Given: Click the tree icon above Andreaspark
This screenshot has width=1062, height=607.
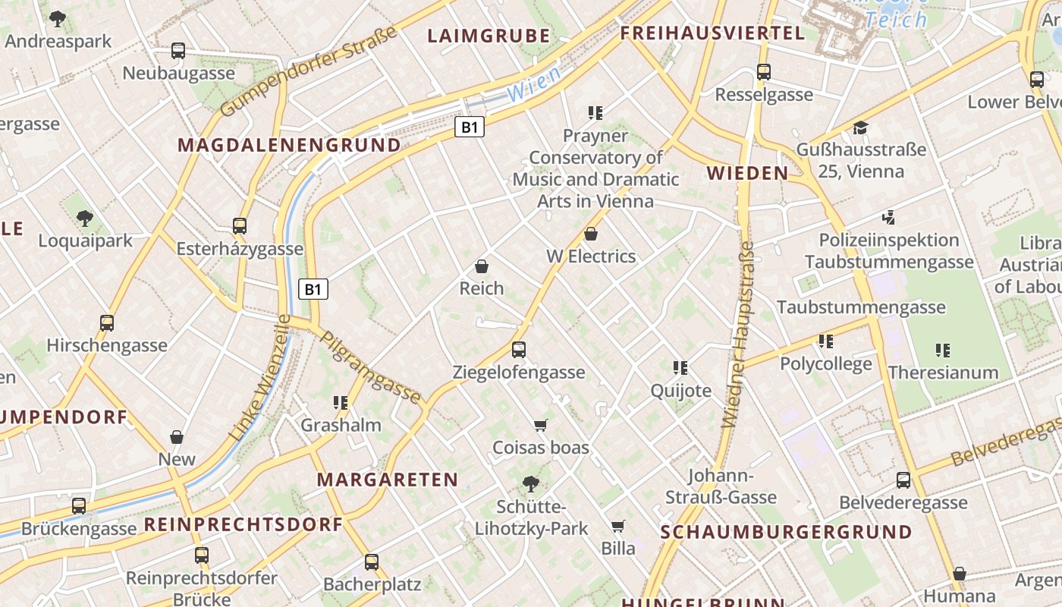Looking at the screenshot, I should [x=58, y=19].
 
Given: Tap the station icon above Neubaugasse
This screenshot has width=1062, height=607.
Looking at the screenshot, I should [x=178, y=51].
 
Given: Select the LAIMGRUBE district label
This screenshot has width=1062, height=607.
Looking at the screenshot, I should [x=489, y=36].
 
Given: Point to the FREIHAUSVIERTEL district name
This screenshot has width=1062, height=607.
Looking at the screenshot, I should [x=712, y=33].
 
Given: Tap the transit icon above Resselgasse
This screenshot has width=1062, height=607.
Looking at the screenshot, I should [x=764, y=72].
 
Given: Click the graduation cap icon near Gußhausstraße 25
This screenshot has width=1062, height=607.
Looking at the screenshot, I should [x=860, y=127].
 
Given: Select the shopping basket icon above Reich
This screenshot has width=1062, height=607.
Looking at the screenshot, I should [x=481, y=266].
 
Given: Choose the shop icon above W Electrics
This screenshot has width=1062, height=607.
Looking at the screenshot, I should [x=591, y=234].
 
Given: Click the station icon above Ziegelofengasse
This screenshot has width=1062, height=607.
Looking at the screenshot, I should [x=519, y=350].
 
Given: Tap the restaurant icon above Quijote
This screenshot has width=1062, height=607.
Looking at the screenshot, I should [x=680, y=368].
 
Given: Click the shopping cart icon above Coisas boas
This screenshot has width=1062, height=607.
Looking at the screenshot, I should [x=541, y=425].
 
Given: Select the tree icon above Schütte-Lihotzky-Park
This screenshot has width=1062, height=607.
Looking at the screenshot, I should [x=531, y=483].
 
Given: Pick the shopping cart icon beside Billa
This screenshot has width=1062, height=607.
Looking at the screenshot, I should [x=618, y=526].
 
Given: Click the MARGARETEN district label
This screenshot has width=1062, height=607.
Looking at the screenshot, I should [x=388, y=480].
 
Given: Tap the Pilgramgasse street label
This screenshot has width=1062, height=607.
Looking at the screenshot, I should [x=371, y=367].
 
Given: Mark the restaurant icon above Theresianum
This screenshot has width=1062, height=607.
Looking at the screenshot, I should [x=943, y=350].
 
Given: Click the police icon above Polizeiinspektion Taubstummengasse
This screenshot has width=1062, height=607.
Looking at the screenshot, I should [x=888, y=218].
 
